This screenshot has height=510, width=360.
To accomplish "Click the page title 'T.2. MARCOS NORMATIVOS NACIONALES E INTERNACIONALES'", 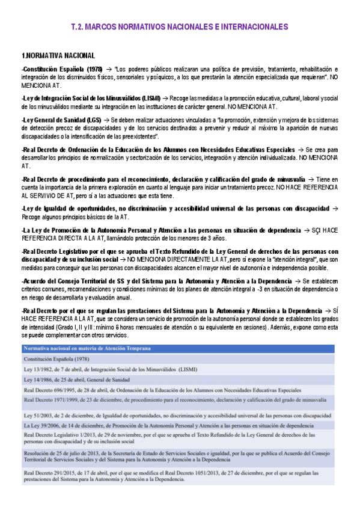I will tap(180, 27).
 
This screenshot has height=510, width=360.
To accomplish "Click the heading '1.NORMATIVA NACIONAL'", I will tap(58, 55).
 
